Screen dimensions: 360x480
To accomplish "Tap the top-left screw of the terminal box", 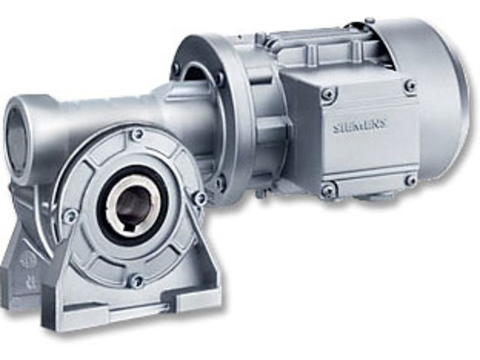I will pyautogui.click(x=328, y=94).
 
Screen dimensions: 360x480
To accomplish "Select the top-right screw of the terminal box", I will pyautogui.click(x=410, y=86).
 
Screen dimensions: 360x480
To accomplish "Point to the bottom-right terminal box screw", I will pyautogui.click(x=410, y=180).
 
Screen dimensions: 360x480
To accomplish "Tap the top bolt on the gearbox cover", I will pyautogui.click(x=136, y=135).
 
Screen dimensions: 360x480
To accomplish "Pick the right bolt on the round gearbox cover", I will pyautogui.click(x=199, y=198).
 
